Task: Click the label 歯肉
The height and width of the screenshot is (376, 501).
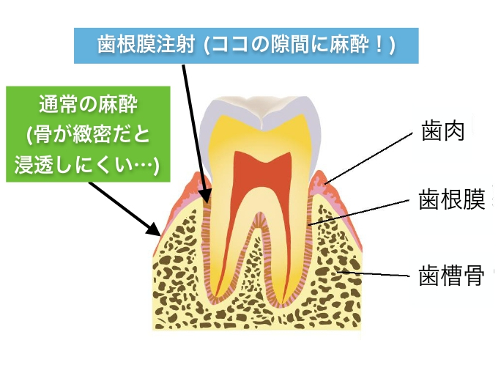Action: (x=442, y=130)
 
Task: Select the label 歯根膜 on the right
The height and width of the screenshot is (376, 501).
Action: (x=452, y=199)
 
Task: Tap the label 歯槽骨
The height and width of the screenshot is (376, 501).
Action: (x=451, y=276)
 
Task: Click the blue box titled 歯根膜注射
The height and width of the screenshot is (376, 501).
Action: (x=246, y=45)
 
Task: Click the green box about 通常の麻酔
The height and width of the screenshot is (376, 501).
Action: (x=88, y=134)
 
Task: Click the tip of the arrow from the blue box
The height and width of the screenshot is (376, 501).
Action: (x=208, y=202)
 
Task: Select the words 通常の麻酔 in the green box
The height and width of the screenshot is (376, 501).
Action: (x=88, y=105)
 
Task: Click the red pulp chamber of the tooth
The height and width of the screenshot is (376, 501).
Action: (x=263, y=179)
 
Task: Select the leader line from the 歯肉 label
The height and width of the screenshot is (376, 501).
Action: (x=368, y=158)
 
